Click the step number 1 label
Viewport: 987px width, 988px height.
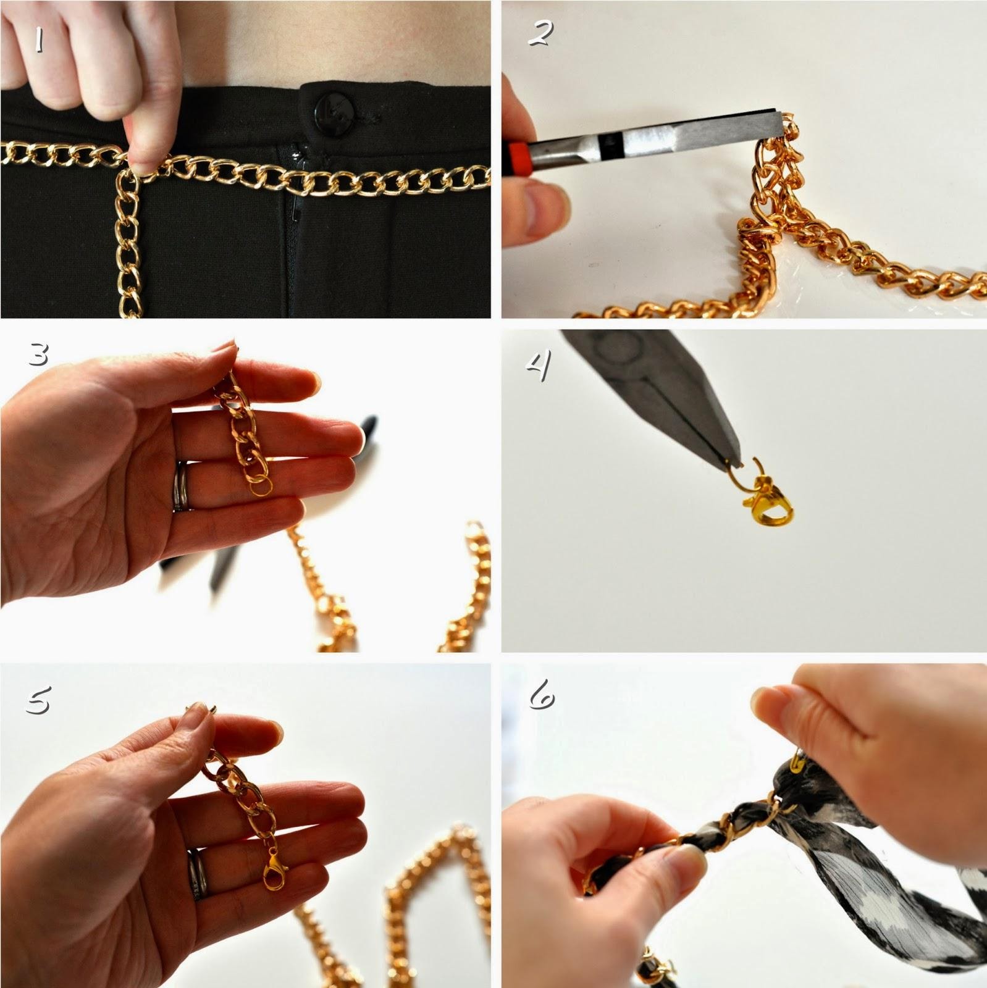click(39, 40)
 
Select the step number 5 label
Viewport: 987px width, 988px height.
click(39, 698)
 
